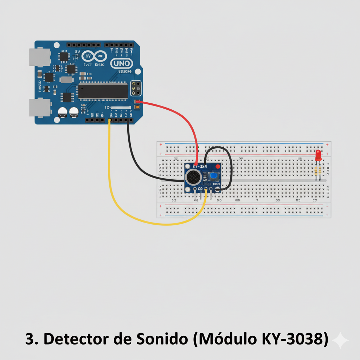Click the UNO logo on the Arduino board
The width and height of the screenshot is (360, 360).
point(122,64)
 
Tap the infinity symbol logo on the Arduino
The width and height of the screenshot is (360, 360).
point(94,56)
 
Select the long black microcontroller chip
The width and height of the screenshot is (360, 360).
point(103,91)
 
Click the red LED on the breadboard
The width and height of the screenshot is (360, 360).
point(318,155)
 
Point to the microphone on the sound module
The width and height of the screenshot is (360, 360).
point(193,178)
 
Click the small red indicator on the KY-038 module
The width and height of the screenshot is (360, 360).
point(217,166)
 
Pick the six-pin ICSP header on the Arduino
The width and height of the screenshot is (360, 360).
point(136,88)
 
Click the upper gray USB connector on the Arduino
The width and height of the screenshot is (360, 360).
point(39,57)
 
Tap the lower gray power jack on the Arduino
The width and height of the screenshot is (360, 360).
point(39,107)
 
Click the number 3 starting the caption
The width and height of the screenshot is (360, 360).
point(30,339)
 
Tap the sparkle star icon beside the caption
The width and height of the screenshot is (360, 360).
point(340,340)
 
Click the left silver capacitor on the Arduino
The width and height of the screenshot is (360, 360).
point(63,112)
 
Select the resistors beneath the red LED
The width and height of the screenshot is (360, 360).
point(318,171)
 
